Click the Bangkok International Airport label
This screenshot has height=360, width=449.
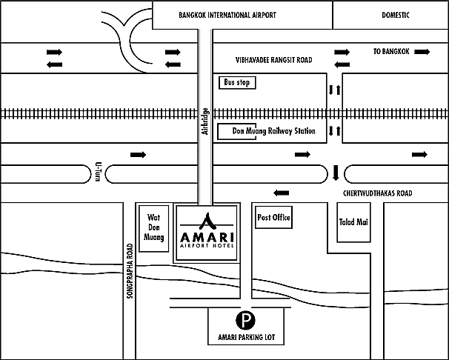click(227, 15)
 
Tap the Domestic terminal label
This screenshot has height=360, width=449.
click(396, 15)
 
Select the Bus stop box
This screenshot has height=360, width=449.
click(237, 82)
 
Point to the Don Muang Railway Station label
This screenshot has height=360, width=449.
click(273, 131)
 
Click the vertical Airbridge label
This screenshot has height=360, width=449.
click(205, 121)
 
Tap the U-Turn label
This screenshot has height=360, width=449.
click(98, 172)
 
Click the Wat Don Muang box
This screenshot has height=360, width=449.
click(154, 229)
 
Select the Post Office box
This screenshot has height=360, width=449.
click(273, 218)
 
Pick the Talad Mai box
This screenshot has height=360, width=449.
click(353, 222)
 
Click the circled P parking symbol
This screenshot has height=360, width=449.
click(245, 320)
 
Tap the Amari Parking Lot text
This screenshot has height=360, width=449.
click(246, 337)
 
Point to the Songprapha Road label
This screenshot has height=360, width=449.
click(130, 271)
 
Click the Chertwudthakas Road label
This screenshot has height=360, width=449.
click(377, 193)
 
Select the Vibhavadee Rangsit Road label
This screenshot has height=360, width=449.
click(273, 60)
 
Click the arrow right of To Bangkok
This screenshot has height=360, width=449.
click(422, 52)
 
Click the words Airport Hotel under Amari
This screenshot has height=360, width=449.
click(207, 245)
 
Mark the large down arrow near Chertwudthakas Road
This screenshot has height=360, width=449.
click(336, 173)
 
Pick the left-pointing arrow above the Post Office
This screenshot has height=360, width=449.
click(282, 193)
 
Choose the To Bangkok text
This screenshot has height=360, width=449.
click(391, 52)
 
